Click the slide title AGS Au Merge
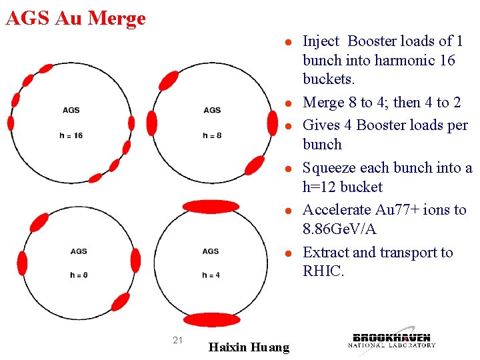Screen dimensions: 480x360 pyautogui.click(x=75, y=18)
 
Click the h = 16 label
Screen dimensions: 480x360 pyautogui.click(x=71, y=135)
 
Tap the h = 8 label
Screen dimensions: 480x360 pyautogui.click(x=212, y=135)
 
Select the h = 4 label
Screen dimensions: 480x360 pyautogui.click(x=210, y=275)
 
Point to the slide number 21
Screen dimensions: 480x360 pyautogui.click(x=177, y=340)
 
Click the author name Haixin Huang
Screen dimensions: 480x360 pyautogui.click(x=249, y=347)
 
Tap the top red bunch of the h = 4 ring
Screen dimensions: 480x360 pyautogui.click(x=211, y=206)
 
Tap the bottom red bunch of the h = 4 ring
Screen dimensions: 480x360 pyautogui.click(x=211, y=319)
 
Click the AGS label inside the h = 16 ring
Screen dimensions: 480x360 pyautogui.click(x=71, y=110)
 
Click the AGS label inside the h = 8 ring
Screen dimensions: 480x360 pyautogui.click(x=212, y=110)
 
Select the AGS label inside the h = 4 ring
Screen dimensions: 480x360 pyautogui.click(x=210, y=251)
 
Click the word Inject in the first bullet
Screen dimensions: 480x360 pyautogui.click(x=321, y=41)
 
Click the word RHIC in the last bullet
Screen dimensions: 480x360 pyautogui.click(x=323, y=271)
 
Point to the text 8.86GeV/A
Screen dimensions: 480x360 pyautogui.click(x=339, y=229)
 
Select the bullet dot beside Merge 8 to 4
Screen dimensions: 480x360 pyautogui.click(x=286, y=104)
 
